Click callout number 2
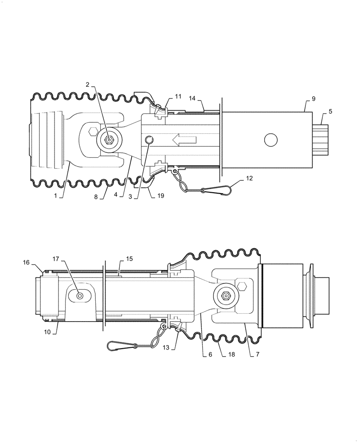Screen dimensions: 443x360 (88, 85)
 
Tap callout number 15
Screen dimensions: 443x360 (129, 258)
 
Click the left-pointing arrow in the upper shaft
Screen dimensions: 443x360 (184, 140)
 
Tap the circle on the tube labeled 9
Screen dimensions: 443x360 (270, 140)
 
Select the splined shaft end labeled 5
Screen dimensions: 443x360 (323, 140)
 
